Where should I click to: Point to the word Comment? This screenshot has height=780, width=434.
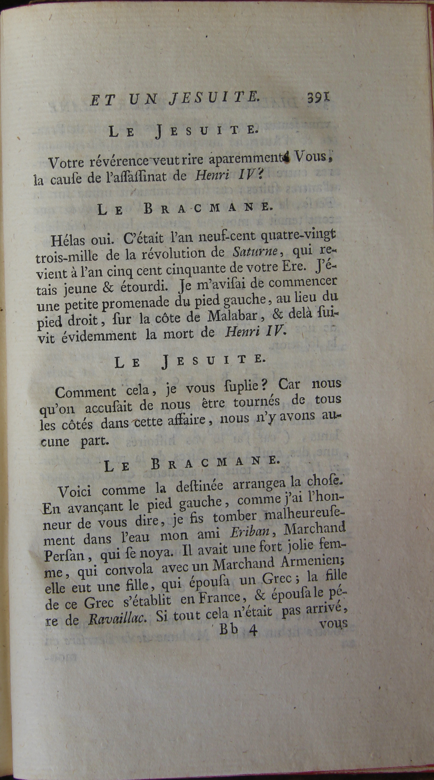(x=85, y=393)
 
